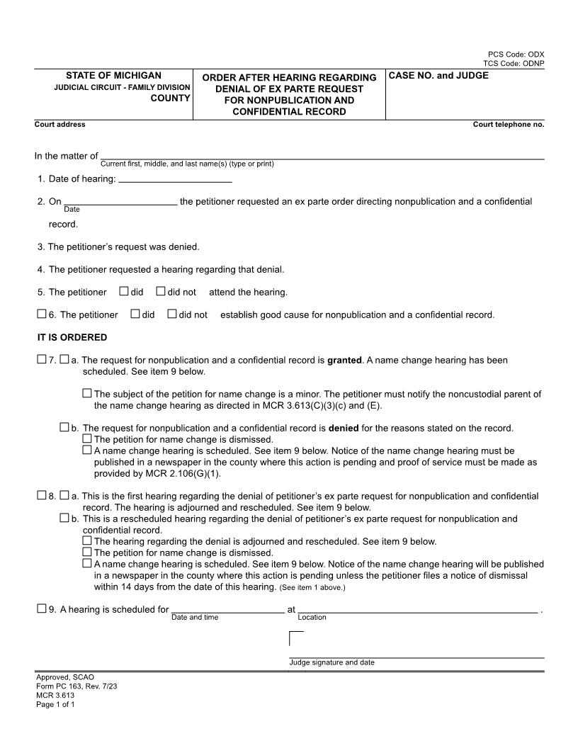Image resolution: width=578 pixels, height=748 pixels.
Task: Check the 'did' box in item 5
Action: pos(124,291)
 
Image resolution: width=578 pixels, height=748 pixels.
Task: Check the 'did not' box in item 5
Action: pos(161,291)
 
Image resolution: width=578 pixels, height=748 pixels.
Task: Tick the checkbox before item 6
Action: pos(41,314)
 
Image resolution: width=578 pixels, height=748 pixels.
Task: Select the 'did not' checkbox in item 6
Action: pos(171,314)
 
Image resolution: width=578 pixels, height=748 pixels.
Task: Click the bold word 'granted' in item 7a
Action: pos(344,360)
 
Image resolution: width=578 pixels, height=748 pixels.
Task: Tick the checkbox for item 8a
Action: pos(64,496)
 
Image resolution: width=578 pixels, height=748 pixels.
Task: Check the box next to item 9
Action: pos(41,608)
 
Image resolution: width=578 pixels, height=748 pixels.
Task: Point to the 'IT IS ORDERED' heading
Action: pos(72,337)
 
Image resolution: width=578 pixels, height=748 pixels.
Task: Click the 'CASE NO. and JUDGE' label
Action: pos(438,75)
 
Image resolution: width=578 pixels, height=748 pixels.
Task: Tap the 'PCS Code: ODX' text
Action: pos(516,55)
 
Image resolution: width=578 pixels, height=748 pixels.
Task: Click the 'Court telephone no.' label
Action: pos(508,125)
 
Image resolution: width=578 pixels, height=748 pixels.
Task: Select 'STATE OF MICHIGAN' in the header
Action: pos(113,75)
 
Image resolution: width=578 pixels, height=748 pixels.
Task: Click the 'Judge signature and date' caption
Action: pos(331,662)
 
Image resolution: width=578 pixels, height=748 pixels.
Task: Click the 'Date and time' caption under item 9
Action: pos(195,618)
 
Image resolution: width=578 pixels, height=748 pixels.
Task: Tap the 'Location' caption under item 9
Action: pos(312,618)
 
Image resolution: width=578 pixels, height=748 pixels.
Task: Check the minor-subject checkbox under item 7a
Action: pos(87,393)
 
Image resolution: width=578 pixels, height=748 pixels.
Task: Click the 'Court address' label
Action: pos(59,125)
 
